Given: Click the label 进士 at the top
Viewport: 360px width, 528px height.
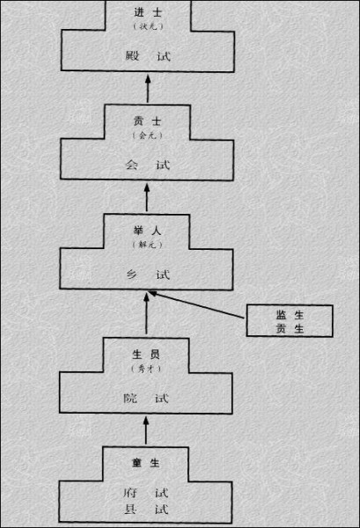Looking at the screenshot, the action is click(148, 13).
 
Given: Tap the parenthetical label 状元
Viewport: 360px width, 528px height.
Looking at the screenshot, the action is click(148, 26).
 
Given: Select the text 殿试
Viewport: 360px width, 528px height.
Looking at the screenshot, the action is click(148, 55).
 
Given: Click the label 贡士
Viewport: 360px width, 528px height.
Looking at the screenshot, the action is click(147, 121).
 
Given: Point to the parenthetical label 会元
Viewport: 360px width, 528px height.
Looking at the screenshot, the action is click(148, 136).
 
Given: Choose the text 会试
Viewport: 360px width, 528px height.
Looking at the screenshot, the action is click(147, 165).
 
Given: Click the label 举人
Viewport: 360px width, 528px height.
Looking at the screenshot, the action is click(147, 231).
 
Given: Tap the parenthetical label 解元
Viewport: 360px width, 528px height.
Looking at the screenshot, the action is click(147, 245).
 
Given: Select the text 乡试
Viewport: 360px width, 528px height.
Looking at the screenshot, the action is click(148, 275).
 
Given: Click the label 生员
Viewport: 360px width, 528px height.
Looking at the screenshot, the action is click(146, 355).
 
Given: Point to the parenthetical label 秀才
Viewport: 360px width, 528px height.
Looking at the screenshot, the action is click(146, 369).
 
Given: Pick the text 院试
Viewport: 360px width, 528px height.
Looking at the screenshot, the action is click(146, 398).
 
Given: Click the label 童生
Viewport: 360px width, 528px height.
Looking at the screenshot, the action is click(145, 463).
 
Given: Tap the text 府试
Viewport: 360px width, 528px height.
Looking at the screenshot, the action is click(145, 493).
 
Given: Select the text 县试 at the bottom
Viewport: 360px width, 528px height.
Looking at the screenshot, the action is click(145, 509).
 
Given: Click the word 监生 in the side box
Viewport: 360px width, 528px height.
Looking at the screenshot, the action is click(290, 315).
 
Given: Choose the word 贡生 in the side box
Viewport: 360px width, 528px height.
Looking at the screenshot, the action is click(290, 328).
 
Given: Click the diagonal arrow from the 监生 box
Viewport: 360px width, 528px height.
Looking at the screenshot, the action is click(196, 304).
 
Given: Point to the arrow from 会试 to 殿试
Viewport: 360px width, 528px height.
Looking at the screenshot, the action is click(148, 89).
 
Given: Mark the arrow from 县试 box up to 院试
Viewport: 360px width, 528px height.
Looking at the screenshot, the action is click(146, 430).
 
